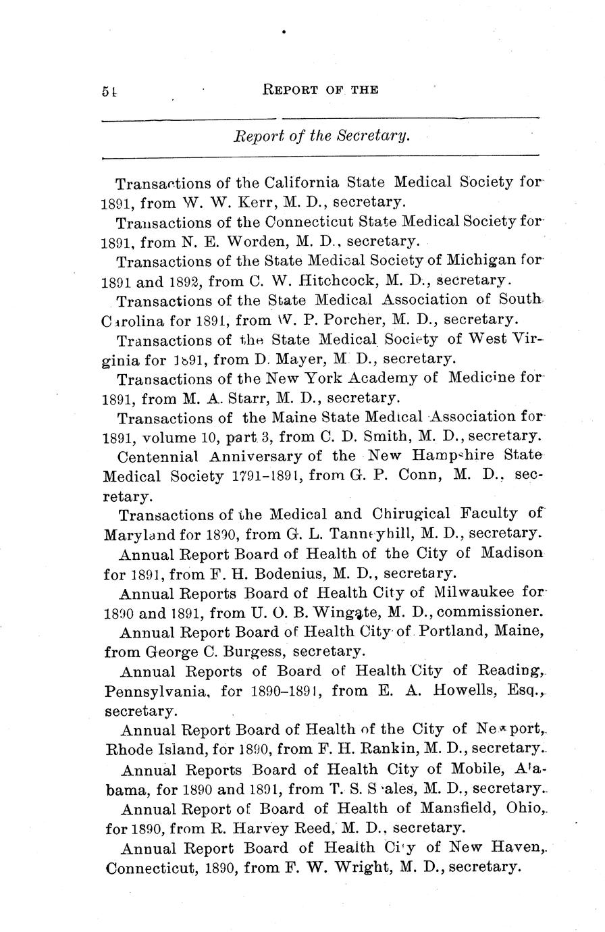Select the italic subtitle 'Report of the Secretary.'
pyautogui.click(x=321, y=136)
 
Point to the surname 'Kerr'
pyautogui.click(x=240, y=202)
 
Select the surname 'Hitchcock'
pyautogui.click(x=307, y=280)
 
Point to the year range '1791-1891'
pyautogui.click(x=267, y=475)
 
